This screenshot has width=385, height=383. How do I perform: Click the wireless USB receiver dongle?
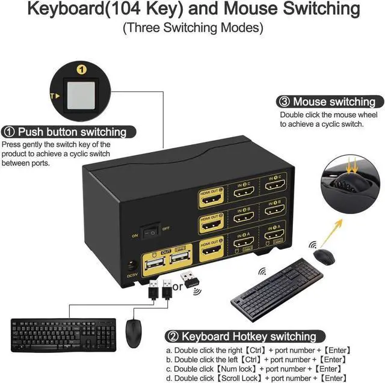[189, 280]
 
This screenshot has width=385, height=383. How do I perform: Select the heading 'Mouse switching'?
[333, 102]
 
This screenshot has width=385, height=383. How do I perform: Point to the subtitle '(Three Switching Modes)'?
[192, 28]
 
